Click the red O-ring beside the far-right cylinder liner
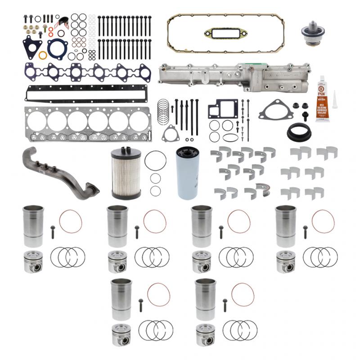pos(323,221)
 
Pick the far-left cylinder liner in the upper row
pos(33,225)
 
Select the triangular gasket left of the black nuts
pos(276,111)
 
